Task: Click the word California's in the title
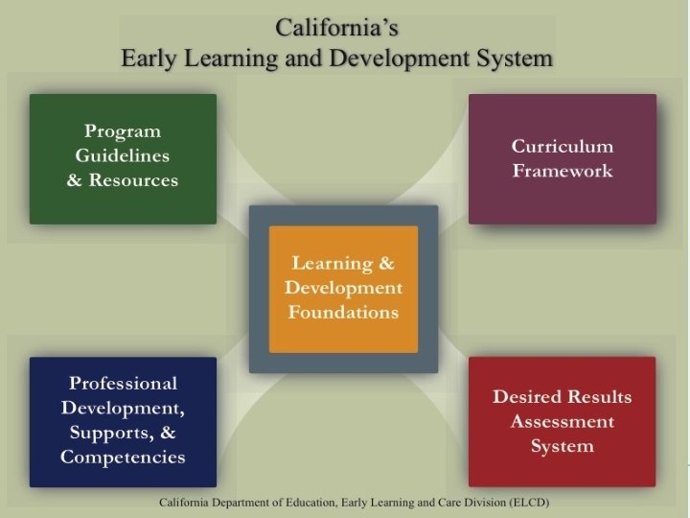[x=336, y=26]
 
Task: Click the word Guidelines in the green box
[x=123, y=155]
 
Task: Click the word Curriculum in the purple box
[x=563, y=147]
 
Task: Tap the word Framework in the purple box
[x=563, y=172]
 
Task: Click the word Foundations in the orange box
[x=343, y=312]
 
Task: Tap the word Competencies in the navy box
[x=123, y=457]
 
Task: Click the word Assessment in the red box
[x=563, y=421]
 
